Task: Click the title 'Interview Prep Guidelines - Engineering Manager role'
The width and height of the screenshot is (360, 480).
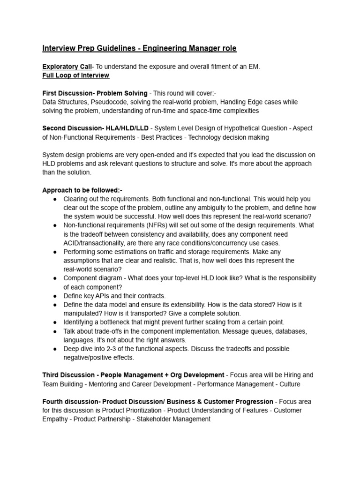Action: tap(139, 48)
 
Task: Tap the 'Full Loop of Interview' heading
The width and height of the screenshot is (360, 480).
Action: tap(75, 75)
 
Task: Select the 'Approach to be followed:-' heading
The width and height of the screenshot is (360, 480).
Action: tap(82, 190)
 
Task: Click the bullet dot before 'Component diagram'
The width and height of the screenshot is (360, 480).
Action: tap(55, 278)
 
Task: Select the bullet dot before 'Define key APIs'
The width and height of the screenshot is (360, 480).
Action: tap(55, 296)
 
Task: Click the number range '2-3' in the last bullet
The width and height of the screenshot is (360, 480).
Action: tap(113, 349)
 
